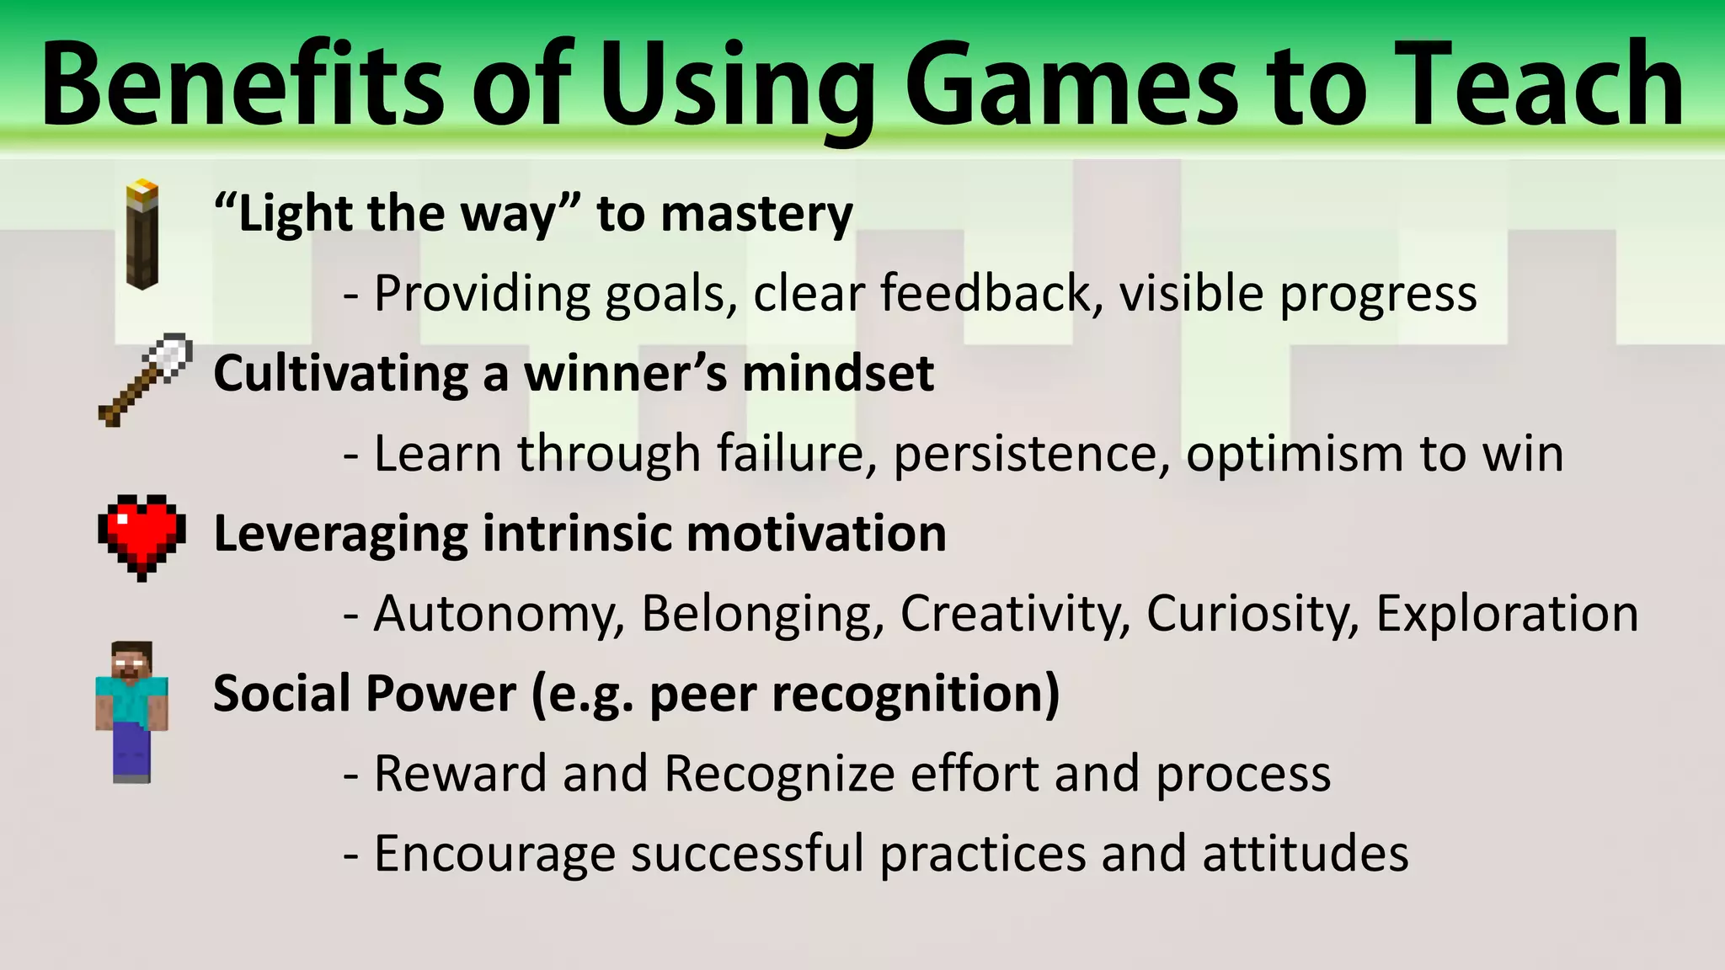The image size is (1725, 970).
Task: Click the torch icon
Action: tap(142, 235)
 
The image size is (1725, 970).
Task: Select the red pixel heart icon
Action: tap(142, 536)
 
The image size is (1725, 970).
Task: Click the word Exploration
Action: tap(1507, 614)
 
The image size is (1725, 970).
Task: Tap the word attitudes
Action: tap(1305, 854)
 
